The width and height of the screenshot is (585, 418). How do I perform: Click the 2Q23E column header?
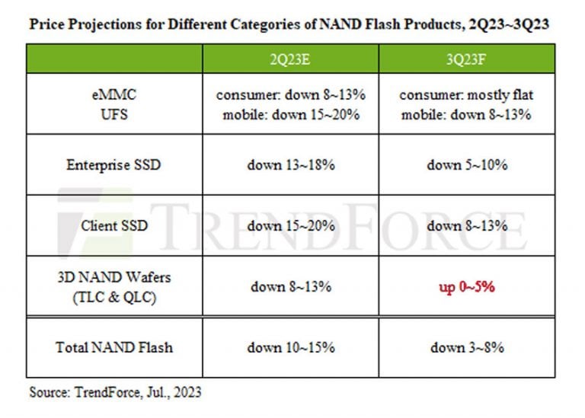[290, 59]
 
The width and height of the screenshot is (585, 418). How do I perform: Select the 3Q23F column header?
[466, 59]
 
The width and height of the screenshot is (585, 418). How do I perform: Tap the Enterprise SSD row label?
[114, 164]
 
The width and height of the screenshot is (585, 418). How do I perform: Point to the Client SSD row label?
[114, 225]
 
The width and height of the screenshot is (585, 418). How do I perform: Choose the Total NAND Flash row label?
[114, 347]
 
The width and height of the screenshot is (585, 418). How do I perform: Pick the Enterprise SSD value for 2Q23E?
[290, 164]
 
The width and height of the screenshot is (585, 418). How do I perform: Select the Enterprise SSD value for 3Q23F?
[466, 164]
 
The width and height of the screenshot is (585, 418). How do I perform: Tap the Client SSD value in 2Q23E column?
[290, 225]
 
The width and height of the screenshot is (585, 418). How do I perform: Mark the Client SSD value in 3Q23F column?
[466, 225]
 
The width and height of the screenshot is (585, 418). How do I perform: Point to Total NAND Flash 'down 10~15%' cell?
[290, 347]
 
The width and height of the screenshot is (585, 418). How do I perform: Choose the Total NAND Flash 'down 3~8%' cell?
[466, 347]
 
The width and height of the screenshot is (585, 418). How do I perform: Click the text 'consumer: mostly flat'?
[466, 95]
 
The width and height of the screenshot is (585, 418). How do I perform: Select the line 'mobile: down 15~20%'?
[290, 114]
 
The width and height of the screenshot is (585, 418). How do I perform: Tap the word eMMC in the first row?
[114, 95]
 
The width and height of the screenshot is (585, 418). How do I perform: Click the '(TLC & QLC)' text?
[114, 297]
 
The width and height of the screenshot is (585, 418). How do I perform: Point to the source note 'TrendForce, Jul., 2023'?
[138, 393]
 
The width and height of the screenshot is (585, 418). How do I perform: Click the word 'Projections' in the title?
[101, 24]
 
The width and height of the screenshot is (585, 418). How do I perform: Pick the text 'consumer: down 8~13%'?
[290, 95]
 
